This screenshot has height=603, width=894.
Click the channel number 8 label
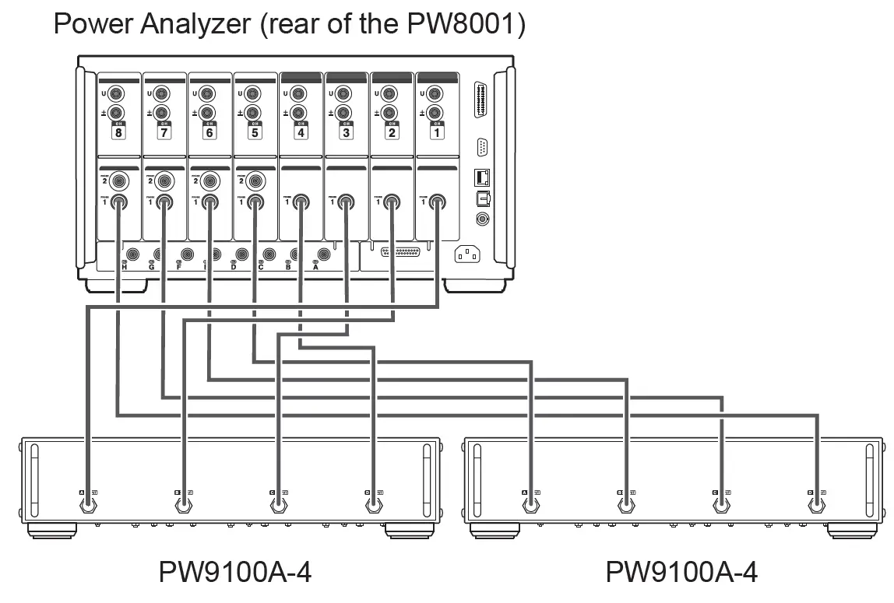(x=118, y=133)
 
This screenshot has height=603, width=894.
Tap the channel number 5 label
(x=255, y=133)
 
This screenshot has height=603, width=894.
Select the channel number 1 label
(x=437, y=133)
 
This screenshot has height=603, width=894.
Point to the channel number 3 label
(x=346, y=133)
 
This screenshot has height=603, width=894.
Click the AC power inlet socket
(x=467, y=254)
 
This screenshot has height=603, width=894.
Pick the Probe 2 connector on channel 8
(x=119, y=182)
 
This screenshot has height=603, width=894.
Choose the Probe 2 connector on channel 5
(x=255, y=182)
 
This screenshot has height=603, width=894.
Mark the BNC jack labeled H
(x=133, y=254)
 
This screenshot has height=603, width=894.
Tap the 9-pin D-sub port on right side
(x=482, y=146)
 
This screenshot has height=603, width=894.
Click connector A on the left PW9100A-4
(x=88, y=504)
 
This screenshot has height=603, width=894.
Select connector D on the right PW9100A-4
(x=816, y=504)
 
